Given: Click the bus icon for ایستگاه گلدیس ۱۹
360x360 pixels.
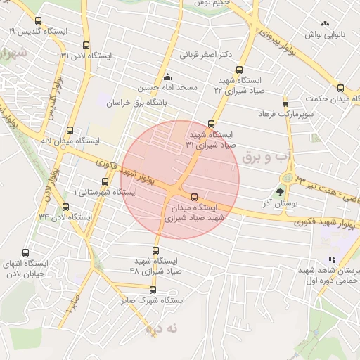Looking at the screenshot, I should (37, 21).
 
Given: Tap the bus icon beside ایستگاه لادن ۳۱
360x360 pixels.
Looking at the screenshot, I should (86, 44).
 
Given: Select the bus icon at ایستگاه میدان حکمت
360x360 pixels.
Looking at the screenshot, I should (341, 88).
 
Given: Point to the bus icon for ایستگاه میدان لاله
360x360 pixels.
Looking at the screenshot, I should (69, 130).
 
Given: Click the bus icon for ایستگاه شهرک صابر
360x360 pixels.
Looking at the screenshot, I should (153, 290).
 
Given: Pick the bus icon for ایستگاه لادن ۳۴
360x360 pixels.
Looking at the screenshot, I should (65, 207).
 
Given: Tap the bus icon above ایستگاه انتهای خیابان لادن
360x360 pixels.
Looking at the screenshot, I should (26, 253).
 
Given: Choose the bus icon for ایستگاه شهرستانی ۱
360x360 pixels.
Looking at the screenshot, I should (105, 182).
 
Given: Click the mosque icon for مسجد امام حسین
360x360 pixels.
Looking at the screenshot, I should (167, 77).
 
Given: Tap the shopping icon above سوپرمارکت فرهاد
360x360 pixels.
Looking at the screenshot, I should (285, 103).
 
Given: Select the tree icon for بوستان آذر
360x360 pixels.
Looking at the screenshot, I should (281, 191).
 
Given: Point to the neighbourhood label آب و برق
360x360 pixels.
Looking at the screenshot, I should (260, 157).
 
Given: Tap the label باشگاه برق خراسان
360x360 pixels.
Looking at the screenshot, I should (140, 103).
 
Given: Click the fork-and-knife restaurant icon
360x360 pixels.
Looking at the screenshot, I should (332, 260).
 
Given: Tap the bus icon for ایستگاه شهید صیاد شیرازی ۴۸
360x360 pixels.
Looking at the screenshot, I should (157, 250).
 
